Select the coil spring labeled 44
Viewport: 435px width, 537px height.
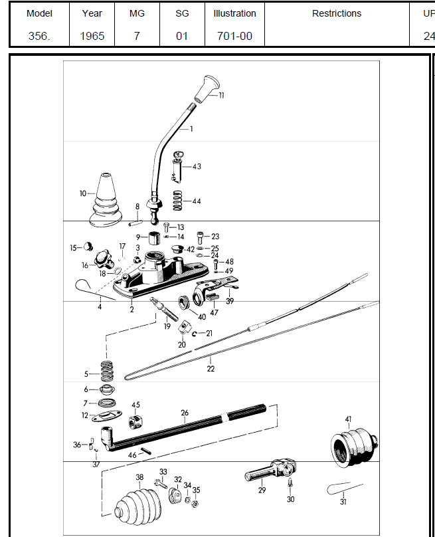(x=177, y=200)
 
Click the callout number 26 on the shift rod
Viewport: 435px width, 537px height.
(x=185, y=413)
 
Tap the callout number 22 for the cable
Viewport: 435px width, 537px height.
(x=211, y=369)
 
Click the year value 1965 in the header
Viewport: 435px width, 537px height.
(x=92, y=36)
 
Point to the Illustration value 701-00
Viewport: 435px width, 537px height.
(x=234, y=36)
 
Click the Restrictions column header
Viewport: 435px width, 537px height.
(x=337, y=13)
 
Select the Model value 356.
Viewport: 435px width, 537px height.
(x=39, y=36)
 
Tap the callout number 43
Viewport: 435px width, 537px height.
(x=197, y=166)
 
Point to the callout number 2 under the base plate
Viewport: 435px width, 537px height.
(x=131, y=309)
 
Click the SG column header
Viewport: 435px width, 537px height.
(x=181, y=13)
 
